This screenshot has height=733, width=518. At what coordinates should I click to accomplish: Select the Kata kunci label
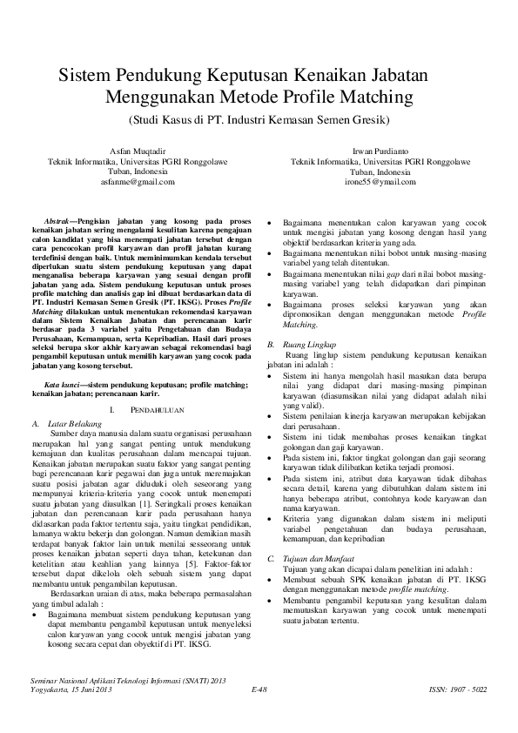pyautogui.click(x=64, y=384)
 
